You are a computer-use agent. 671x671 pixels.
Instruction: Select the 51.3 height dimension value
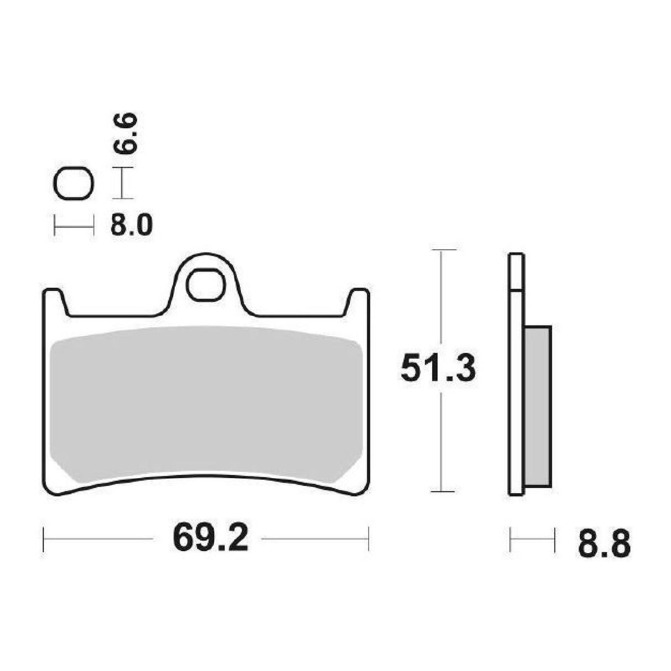click(438, 369)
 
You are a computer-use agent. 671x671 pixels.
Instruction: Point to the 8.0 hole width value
click(131, 226)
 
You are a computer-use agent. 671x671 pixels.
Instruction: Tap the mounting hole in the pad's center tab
click(206, 285)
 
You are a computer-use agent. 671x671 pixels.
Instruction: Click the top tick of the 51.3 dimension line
click(440, 250)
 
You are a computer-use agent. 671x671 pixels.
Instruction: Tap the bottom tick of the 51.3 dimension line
click(440, 491)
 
